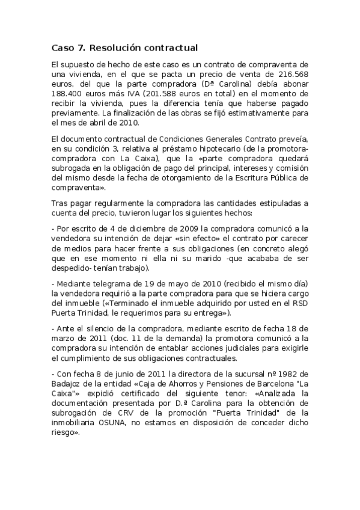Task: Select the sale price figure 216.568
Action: [x=293, y=74]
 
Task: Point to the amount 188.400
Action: [x=67, y=94]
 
